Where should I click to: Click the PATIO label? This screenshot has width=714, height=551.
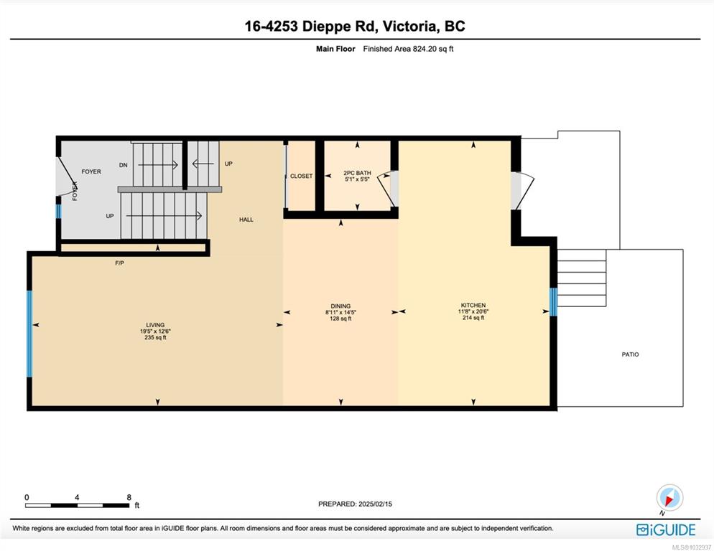630,354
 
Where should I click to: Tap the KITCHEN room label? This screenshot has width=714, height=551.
473,306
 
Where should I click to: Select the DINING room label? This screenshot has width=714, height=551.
340,306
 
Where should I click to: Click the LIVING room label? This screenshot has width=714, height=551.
155,325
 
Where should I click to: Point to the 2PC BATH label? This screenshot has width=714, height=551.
357,173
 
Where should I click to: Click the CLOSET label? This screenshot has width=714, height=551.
302,176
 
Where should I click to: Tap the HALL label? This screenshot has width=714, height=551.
246,220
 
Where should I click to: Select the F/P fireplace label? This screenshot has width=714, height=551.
119,263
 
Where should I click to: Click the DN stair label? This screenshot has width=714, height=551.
124,165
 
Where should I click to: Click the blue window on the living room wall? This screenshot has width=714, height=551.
29,334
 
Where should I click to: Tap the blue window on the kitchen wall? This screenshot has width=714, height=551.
553,302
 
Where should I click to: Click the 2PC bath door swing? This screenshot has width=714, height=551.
388,189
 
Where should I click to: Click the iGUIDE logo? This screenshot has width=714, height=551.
666,530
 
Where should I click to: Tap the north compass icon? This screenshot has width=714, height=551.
669,498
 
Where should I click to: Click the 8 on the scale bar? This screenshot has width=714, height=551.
129,497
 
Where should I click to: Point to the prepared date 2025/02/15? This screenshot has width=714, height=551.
375,504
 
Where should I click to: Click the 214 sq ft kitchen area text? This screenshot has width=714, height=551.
473,318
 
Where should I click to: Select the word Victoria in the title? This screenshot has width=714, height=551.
409,26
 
